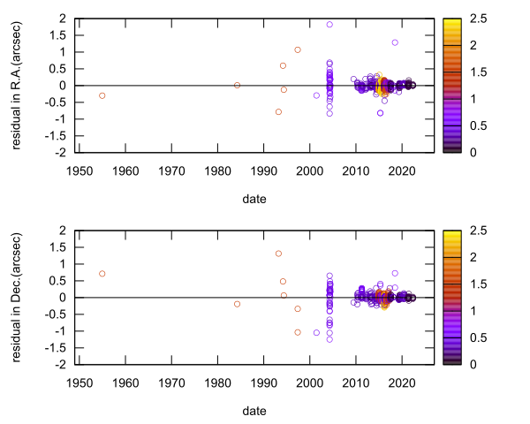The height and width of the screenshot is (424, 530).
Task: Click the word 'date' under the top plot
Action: click(x=254, y=199)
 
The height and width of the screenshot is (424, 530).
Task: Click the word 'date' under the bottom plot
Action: click(x=254, y=411)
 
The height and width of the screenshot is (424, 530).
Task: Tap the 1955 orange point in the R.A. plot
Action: click(x=102, y=95)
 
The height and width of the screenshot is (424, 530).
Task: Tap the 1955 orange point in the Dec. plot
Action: click(x=102, y=274)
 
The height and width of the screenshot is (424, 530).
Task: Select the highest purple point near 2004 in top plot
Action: click(x=329, y=25)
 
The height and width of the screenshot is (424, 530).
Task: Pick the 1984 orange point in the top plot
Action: click(x=237, y=85)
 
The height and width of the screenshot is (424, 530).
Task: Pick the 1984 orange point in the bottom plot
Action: click(x=237, y=304)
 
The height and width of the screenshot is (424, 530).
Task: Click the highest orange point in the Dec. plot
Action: click(x=278, y=254)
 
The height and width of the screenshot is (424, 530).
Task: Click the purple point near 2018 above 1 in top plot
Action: click(x=395, y=42)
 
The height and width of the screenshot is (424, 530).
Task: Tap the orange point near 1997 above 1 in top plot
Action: click(x=298, y=49)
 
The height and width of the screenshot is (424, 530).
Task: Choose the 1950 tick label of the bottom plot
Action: click(x=79, y=382)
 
